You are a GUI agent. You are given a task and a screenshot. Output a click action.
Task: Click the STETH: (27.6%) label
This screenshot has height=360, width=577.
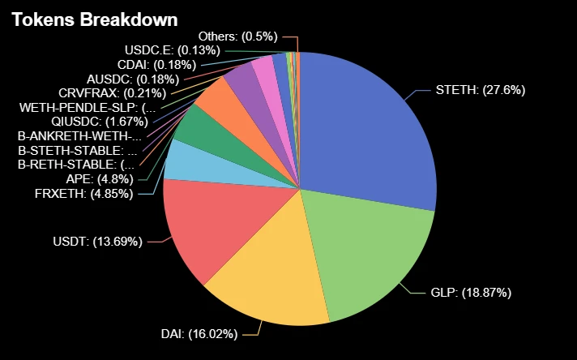coord(481,90)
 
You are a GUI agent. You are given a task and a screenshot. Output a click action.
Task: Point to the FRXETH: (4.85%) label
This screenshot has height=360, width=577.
coord(85,193)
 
